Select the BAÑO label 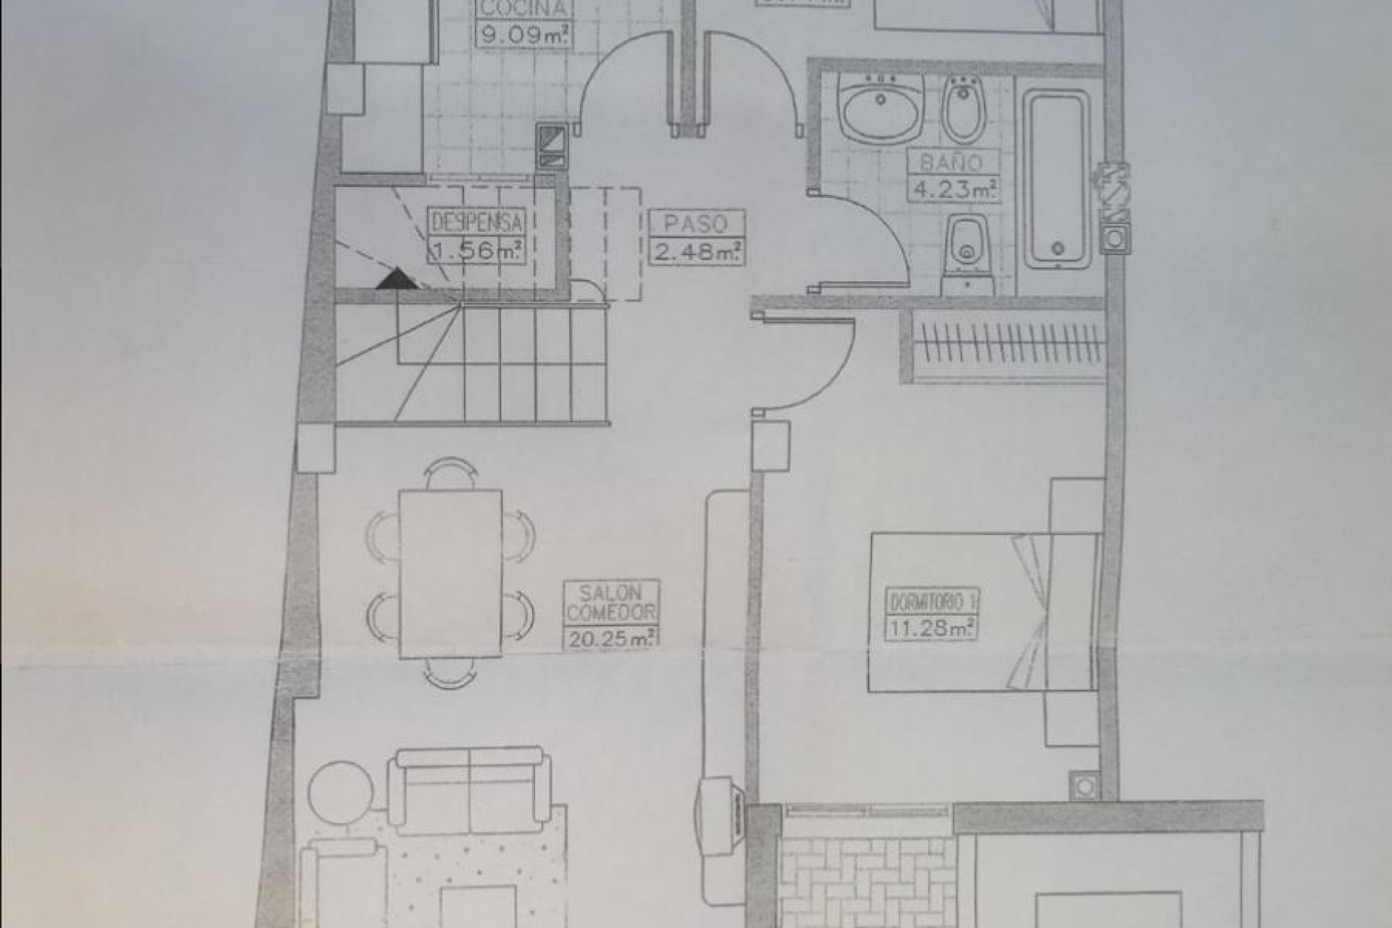coord(950,163)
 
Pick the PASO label coord(695,223)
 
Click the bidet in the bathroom coord(964,109)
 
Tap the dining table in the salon coord(450,573)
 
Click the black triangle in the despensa coord(396,280)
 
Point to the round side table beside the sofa coord(338,793)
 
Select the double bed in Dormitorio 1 coord(982,613)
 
